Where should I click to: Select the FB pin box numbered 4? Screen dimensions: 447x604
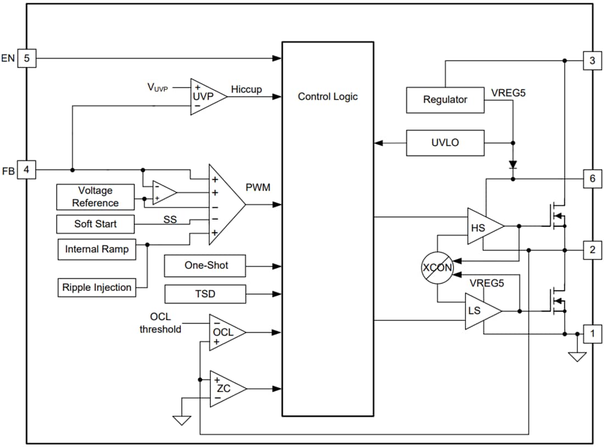point(27,170)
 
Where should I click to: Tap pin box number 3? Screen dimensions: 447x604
point(592,60)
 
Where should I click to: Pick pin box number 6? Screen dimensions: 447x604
point(592,179)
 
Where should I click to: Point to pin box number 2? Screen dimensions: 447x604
point(592,250)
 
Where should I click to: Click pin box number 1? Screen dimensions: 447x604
point(592,333)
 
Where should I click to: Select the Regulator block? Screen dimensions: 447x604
point(445,100)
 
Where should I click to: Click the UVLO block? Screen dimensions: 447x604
point(445,143)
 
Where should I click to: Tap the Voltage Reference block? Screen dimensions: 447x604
point(96,197)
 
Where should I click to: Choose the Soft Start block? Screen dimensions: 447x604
point(96,224)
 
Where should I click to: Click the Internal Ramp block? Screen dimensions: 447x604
point(97,249)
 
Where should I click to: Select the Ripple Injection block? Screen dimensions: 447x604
point(97,287)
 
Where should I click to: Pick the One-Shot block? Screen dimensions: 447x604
point(205,266)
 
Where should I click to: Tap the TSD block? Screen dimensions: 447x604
point(205,294)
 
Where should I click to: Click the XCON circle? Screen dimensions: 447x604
point(437,269)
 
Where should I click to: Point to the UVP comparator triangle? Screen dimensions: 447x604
point(205,97)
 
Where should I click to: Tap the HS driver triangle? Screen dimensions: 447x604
point(482,226)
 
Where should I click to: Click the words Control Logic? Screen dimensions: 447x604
point(327,97)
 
